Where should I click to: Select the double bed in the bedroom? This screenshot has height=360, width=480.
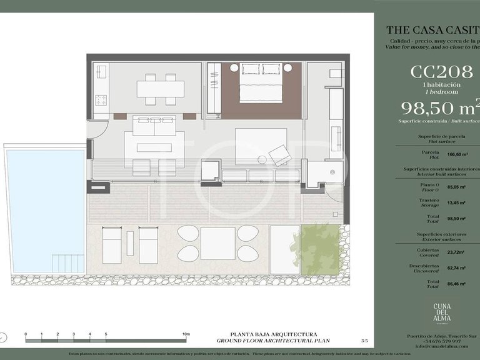[261, 82]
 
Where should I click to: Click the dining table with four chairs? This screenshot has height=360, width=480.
[160, 89]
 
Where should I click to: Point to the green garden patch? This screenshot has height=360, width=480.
[321, 249]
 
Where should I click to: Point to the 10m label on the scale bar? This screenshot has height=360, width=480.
[186, 335]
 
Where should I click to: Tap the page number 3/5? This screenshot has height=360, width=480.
[364, 340]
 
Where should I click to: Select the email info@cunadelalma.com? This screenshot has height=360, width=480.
[436, 347]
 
